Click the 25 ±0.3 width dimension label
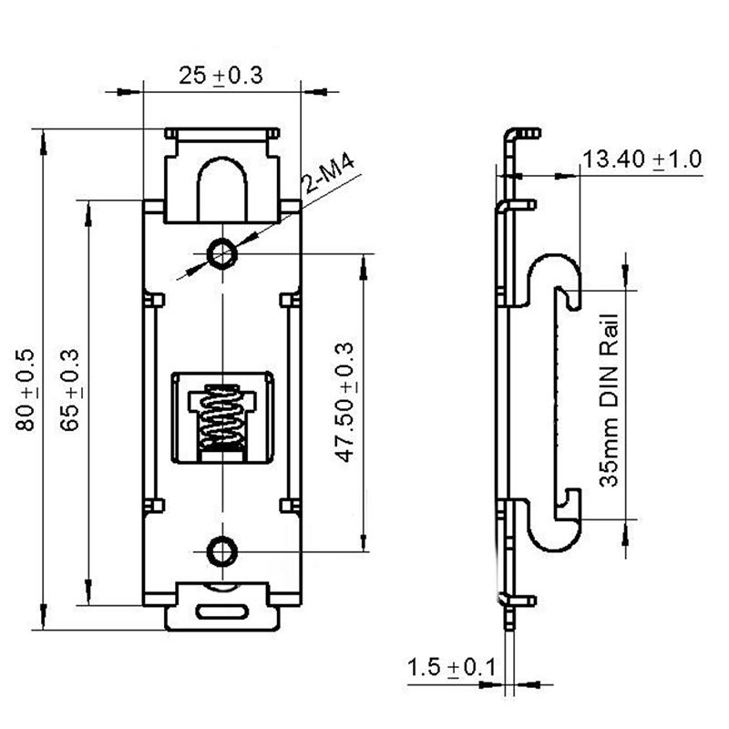(221, 76)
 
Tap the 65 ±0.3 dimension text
(71, 390)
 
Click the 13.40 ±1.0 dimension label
(642, 160)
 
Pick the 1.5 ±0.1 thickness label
(450, 668)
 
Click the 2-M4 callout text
(330, 178)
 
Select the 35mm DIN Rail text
(609, 401)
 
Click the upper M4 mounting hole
(221, 253)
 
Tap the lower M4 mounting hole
(221, 549)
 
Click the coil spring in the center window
(221, 418)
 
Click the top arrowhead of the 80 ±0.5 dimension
(40, 137)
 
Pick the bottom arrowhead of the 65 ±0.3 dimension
(88, 597)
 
